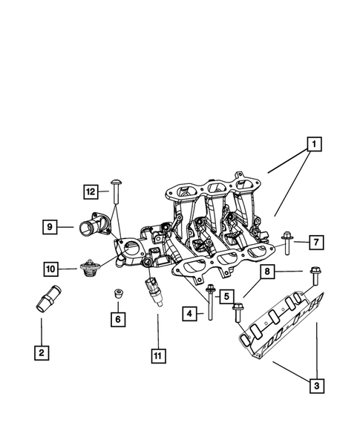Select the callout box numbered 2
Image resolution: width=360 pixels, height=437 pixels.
pos(42,352)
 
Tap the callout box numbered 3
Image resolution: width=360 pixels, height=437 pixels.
pos(317,385)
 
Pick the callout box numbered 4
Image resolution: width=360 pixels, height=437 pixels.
pos(191,315)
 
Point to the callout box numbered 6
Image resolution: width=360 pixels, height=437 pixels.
pos(117,319)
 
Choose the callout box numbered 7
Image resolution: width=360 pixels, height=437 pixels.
pos(315,242)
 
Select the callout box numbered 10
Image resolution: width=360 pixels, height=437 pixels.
pos(51,268)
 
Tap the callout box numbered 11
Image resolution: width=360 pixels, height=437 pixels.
pos(157,355)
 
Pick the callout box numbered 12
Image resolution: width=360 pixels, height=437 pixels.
pos(91,191)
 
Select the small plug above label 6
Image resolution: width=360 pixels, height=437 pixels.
pos(117,295)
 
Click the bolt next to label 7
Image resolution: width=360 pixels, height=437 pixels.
pos(287,242)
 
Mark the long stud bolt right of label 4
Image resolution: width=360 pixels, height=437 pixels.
pos(211,303)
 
